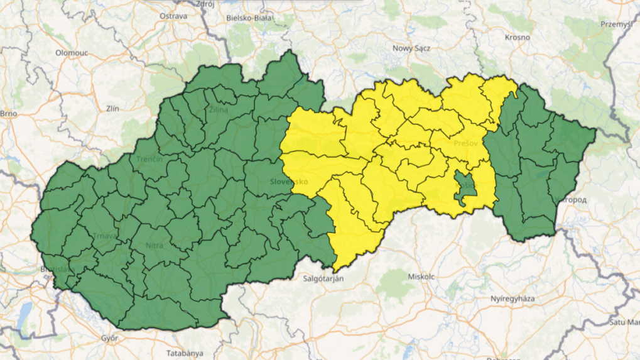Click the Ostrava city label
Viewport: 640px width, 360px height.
(174, 15)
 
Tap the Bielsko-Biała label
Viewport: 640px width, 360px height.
(249, 18)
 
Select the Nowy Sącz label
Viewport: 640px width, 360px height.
(410, 48)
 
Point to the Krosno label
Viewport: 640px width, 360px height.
(517, 37)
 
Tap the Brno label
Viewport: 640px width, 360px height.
(8, 114)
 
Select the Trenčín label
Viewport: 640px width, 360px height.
(149, 159)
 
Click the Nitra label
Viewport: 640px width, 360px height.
(154, 245)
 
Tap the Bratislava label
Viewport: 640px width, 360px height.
(55, 270)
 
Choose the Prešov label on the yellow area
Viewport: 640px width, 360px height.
(465, 143)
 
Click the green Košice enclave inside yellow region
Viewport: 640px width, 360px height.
(465, 188)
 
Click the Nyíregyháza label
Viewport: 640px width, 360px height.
(513, 298)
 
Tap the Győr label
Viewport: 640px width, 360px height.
(109, 338)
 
